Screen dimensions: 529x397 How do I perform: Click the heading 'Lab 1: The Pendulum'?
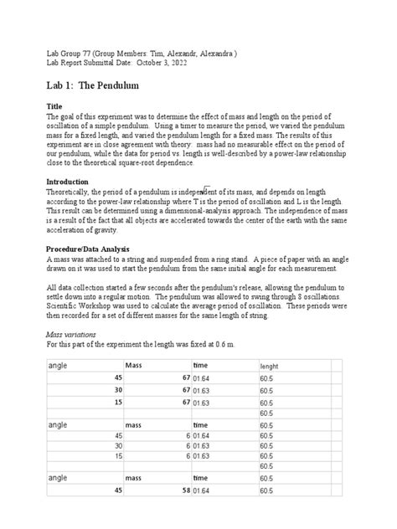pyautogui.click(x=92, y=86)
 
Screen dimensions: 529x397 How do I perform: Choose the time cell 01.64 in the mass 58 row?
pyautogui.click(x=201, y=512)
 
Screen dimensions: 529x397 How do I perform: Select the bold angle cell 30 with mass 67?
pyautogui.click(x=118, y=390)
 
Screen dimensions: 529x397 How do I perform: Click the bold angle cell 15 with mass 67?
pyautogui.click(x=118, y=403)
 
